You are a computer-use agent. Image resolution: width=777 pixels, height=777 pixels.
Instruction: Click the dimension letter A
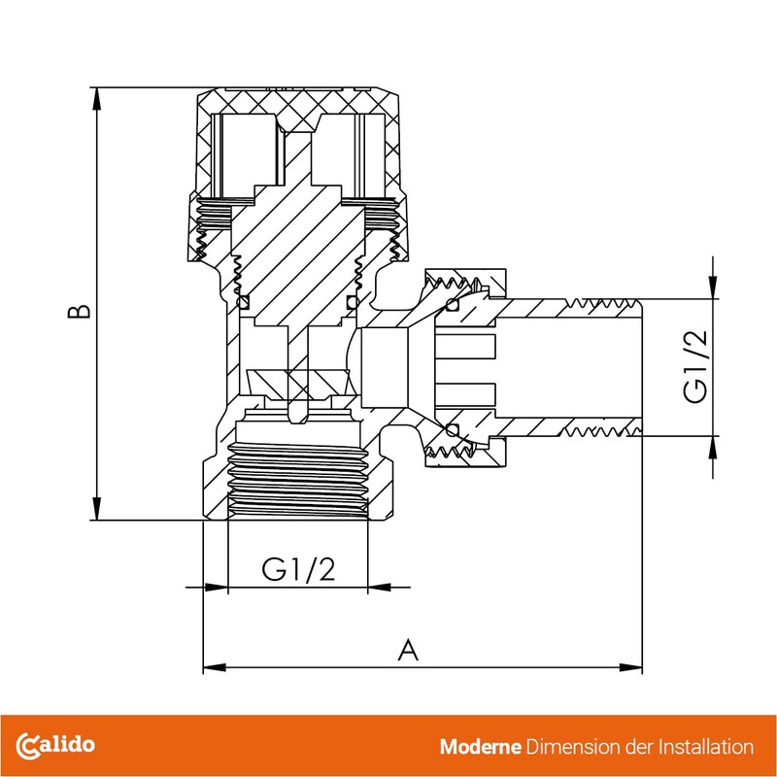tap(409, 650)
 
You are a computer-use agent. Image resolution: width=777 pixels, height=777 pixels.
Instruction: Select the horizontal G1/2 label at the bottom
tap(298, 570)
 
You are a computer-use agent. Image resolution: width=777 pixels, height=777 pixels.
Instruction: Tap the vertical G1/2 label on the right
tap(695, 367)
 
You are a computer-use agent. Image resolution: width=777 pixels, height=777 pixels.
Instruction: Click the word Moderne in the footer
tap(480, 747)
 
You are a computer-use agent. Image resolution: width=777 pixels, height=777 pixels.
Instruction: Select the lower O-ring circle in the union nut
tap(452, 429)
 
